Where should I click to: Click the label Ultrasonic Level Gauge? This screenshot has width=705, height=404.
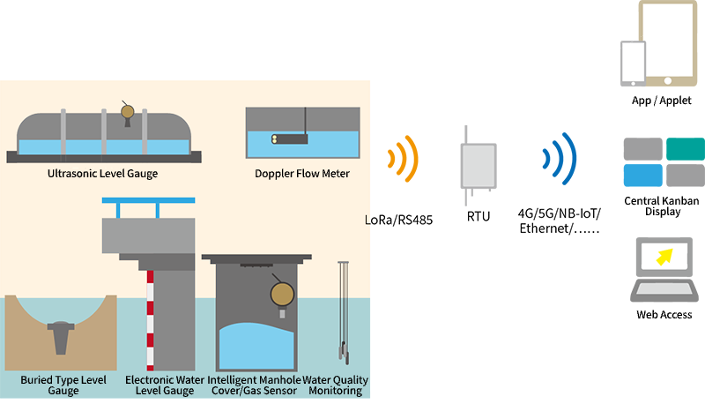[103, 174]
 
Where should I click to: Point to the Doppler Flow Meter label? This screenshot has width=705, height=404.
[302, 174]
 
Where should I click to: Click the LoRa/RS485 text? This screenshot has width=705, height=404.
[398, 220]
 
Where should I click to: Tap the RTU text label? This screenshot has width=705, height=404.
[479, 214]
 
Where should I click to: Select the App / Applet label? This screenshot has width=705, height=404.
[655, 101]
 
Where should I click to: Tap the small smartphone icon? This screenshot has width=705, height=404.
[633, 63]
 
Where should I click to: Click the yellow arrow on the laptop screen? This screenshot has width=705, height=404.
[662, 256]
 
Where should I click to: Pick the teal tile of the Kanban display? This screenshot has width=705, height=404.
[686, 148]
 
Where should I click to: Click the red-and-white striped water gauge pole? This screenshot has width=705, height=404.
[151, 318]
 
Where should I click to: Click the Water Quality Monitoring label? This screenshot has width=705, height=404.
[336, 385]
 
